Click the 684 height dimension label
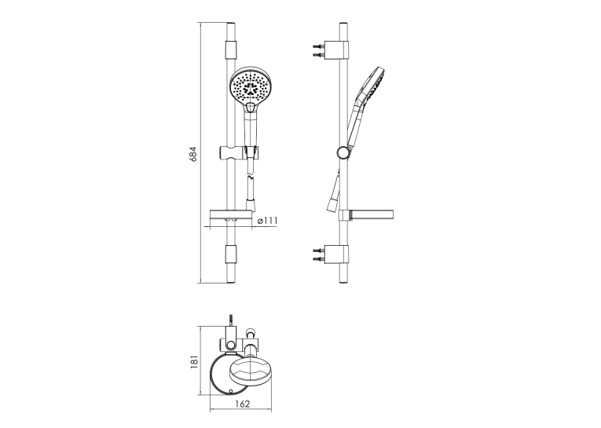point(194,153)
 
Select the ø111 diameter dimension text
point(268,221)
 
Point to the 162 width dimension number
point(242,404)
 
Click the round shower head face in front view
point(249,86)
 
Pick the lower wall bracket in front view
point(231,254)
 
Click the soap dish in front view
point(230,216)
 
